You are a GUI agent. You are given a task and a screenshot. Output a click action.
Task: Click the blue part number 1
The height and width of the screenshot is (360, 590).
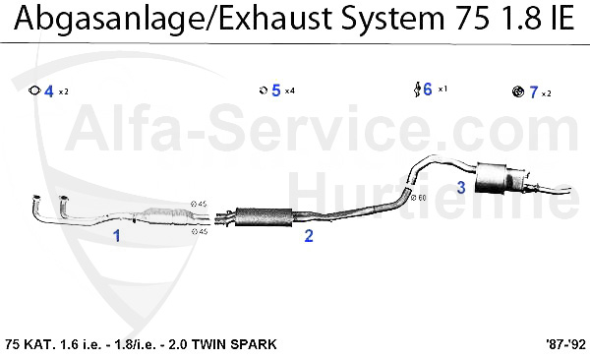point(116,236)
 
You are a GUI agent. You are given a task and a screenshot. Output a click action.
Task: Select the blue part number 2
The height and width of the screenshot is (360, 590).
point(309,235)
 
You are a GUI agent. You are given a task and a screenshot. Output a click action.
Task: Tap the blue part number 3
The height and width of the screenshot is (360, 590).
point(461,187)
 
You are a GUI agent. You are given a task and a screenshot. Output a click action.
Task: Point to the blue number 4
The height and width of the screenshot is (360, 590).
point(48,91)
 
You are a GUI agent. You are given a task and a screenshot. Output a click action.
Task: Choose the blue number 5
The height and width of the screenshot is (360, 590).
point(276,90)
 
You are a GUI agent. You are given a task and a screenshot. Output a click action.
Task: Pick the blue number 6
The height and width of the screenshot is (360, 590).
point(427,90)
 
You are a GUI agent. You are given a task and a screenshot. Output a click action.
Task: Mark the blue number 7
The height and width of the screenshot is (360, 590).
point(533,92)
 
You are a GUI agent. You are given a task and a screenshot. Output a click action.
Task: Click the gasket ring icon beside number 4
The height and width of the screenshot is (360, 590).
point(34,91)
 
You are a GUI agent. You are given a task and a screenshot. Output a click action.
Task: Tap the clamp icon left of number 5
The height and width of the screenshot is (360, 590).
point(263,90)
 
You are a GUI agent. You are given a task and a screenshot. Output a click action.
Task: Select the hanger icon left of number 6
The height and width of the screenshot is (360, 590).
point(417,90)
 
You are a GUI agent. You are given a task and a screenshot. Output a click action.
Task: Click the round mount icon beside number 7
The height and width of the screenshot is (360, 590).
point(518,92)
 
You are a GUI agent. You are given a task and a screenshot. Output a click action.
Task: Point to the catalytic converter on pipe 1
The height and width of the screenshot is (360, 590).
point(160,214)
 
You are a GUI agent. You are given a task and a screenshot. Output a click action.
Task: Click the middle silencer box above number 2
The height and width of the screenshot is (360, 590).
point(259,213)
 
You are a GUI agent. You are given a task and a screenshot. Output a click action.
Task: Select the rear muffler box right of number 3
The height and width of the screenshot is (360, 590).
point(498,178)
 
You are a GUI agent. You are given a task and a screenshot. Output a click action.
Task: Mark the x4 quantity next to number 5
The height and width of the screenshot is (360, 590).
point(291,91)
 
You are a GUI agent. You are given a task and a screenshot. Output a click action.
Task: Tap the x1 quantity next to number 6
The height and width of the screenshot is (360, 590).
point(442,90)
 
